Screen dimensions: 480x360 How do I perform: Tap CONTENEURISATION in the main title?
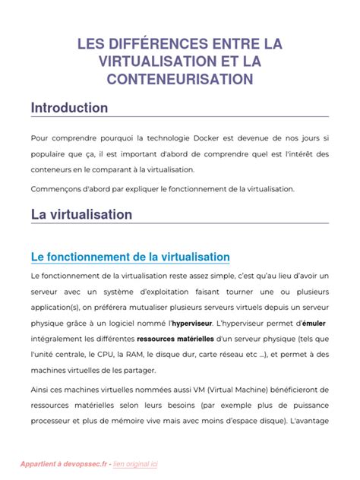[x=180, y=78]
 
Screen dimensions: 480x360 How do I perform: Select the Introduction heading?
[x=69, y=108]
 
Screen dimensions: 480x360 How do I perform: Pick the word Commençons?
[x=58, y=188]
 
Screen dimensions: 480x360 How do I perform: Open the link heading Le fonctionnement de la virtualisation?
[x=130, y=257]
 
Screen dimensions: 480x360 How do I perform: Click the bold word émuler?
[x=313, y=323]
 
